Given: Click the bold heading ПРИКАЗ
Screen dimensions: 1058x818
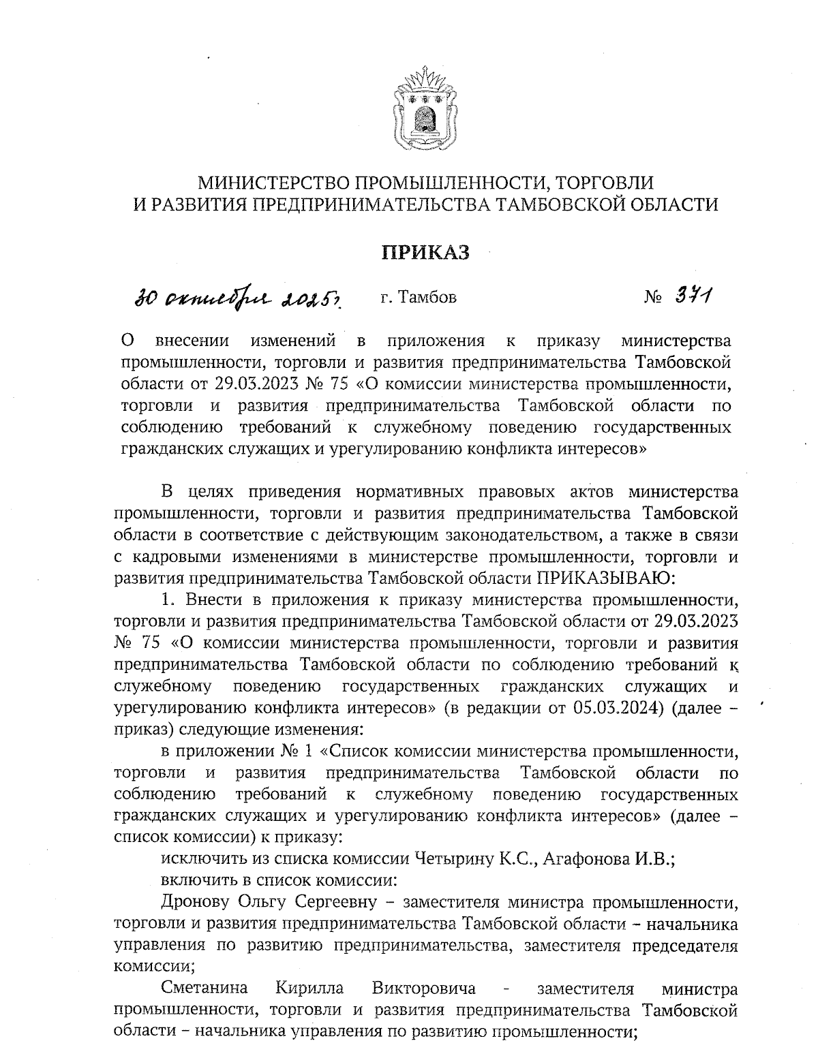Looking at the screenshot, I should tap(425, 253).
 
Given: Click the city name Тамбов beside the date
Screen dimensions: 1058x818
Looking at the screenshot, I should tap(427, 297).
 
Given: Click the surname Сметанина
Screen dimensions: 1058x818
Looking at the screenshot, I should tap(204, 989).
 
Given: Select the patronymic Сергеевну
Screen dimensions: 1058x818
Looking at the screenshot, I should tap(341, 903).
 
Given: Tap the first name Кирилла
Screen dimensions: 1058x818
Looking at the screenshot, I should tap(310, 989).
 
